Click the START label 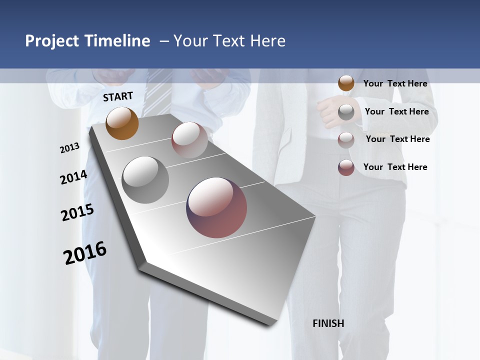tap(118, 96)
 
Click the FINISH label tap(328, 323)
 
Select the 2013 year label tap(69, 148)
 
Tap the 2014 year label tap(73, 177)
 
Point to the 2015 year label tap(77, 212)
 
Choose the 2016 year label tap(85, 253)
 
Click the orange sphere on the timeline tap(122, 123)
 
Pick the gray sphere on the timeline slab tap(145, 180)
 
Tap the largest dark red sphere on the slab tap(216, 207)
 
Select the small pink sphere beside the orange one tap(189, 139)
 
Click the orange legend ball tap(346, 83)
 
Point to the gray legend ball tap(346, 112)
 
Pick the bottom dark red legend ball tap(346, 167)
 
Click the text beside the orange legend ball tap(395, 83)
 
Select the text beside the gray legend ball tap(396, 111)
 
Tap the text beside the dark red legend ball tap(395, 167)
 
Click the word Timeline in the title tap(116, 41)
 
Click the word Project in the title tap(52, 41)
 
